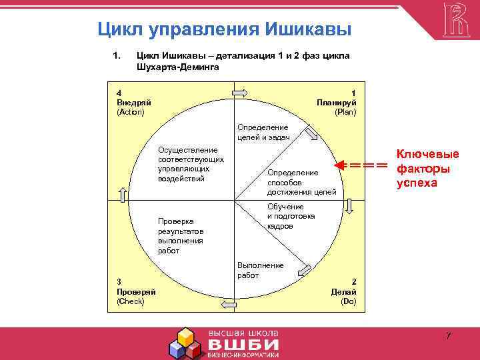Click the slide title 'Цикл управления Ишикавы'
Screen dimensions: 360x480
(224, 29)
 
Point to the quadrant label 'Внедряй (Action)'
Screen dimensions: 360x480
(134, 103)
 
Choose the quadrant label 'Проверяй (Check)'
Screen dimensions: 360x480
(136, 292)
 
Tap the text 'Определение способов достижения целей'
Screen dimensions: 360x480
(301, 183)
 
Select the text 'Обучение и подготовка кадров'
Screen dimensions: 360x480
(291, 217)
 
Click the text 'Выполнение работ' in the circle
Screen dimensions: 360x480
(261, 270)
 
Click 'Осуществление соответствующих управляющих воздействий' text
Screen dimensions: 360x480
(191, 165)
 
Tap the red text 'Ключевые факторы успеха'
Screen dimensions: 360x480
(427, 169)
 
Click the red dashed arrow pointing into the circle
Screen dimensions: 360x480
(361, 165)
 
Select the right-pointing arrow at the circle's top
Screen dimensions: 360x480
(240, 92)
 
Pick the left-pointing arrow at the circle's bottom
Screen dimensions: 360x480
(229, 305)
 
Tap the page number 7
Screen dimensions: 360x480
(448, 335)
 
